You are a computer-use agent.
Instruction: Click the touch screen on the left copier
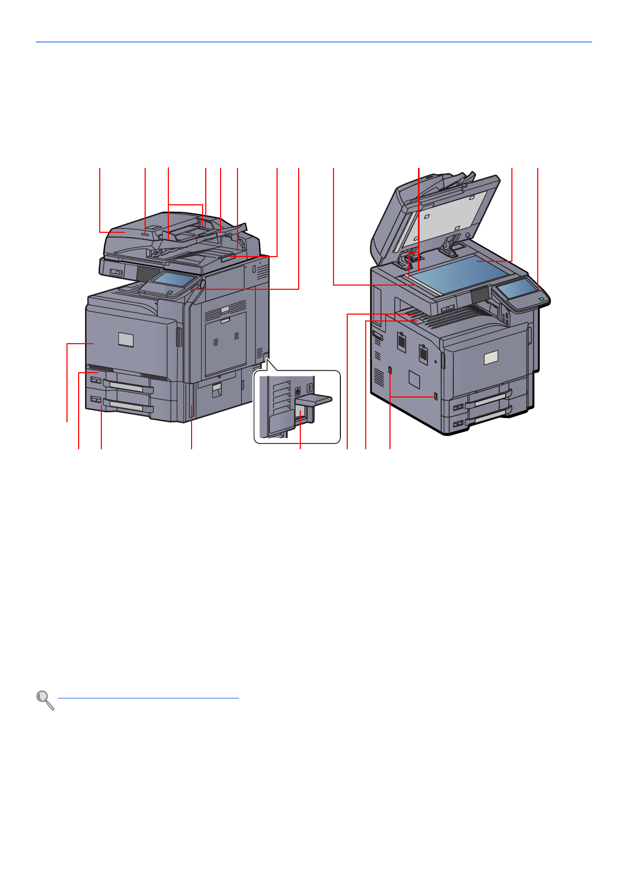pyautogui.click(x=175, y=279)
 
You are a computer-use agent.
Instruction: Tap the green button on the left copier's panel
pyautogui.click(x=169, y=291)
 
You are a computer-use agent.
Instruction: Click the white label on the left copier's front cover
pyautogui.click(x=126, y=339)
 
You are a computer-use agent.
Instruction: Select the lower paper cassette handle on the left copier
pyautogui.click(x=129, y=408)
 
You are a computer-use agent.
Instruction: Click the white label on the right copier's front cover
pyautogui.click(x=491, y=358)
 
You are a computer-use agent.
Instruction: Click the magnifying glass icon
pyautogui.click(x=45, y=700)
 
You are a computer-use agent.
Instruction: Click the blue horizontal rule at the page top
pyautogui.click(x=313, y=42)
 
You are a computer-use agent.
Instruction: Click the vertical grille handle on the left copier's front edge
pyautogui.click(x=177, y=337)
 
